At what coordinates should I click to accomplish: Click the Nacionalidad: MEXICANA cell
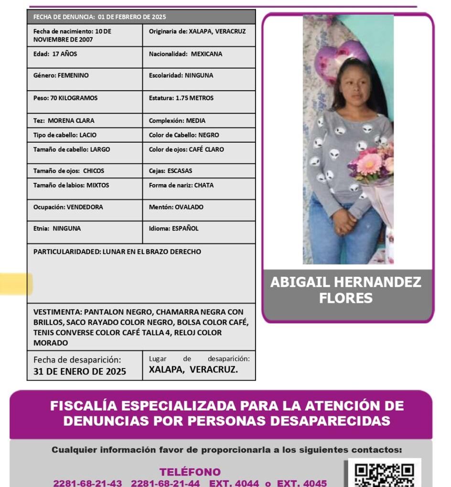coord(185,54)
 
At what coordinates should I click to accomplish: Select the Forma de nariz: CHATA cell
coord(181,185)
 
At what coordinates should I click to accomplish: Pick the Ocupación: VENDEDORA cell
coord(68,207)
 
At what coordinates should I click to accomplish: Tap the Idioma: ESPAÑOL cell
coord(173,228)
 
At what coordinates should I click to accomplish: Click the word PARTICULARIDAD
coord(66,252)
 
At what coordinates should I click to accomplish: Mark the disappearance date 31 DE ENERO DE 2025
coord(80,371)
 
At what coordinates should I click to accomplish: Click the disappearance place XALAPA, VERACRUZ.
coord(193,370)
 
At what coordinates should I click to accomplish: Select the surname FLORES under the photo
coord(345,298)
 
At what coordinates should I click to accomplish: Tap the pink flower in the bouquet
coord(370,164)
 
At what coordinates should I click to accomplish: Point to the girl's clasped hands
coord(344,222)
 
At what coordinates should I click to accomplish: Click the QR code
coord(384,474)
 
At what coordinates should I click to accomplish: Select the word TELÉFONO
coord(190,472)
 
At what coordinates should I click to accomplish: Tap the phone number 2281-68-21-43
coord(87,483)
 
